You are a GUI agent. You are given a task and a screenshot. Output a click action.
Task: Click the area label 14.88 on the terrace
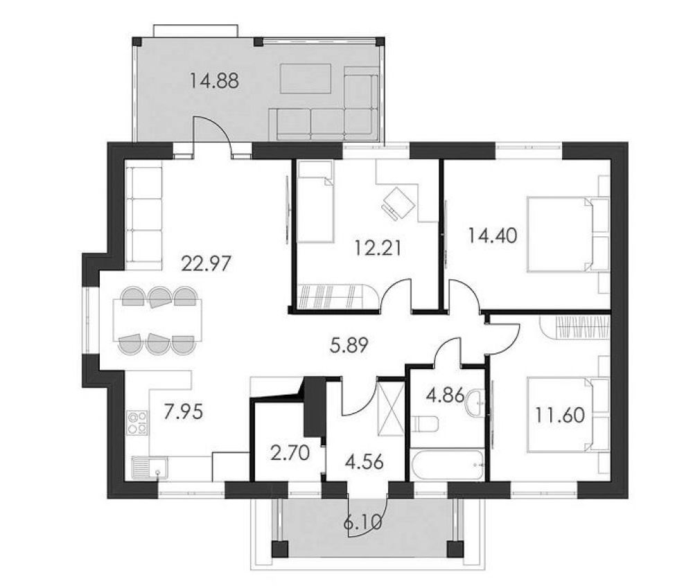pyautogui.click(x=214, y=81)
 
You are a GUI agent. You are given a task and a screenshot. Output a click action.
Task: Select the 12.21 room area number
pyautogui.click(x=378, y=248)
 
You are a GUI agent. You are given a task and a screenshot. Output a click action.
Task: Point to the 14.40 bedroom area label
pyautogui.click(x=493, y=236)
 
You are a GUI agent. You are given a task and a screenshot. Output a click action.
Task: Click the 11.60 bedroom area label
pyautogui.click(x=561, y=415)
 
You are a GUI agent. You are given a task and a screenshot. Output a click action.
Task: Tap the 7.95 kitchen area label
pyautogui.click(x=184, y=412)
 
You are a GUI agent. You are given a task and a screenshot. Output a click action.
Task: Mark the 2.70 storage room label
pyautogui.click(x=290, y=454)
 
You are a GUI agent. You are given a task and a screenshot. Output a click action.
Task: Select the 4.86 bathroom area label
pyautogui.click(x=445, y=395)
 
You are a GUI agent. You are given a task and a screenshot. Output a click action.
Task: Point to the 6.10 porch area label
pyautogui.click(x=362, y=523)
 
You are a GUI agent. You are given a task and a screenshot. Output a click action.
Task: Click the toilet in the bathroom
pyautogui.click(x=424, y=425)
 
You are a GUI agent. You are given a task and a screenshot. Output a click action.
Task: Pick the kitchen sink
pyautogui.click(x=150, y=468)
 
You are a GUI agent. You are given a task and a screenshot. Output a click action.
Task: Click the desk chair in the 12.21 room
pyautogui.click(x=398, y=202)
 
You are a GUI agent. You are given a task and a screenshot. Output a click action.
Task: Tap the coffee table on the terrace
pyautogui.click(x=306, y=78)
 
